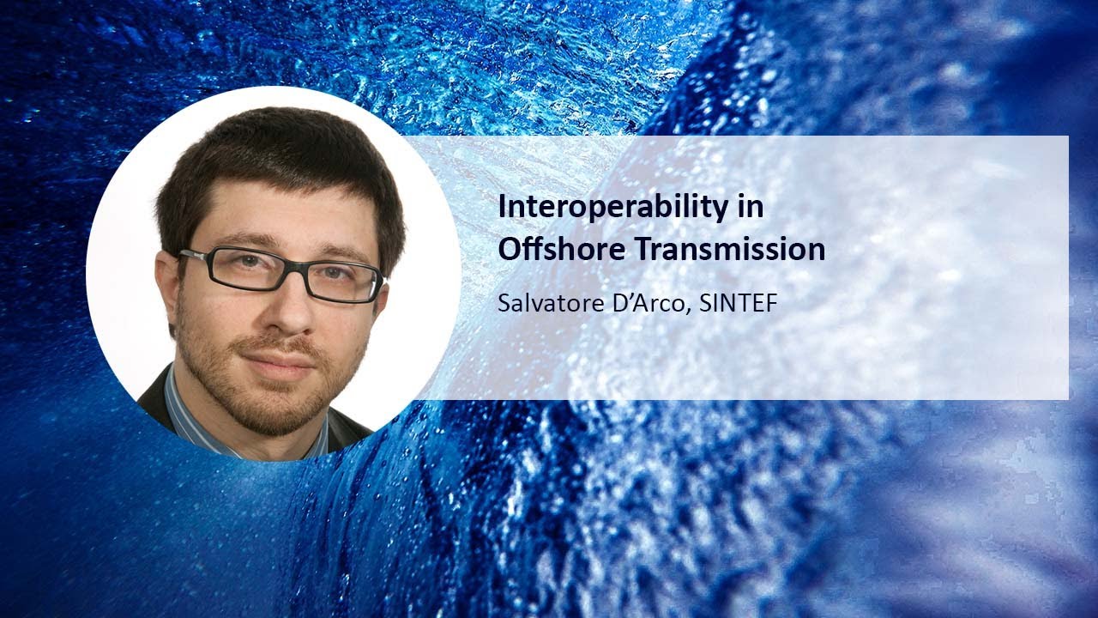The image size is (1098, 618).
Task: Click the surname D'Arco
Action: point(646,305)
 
